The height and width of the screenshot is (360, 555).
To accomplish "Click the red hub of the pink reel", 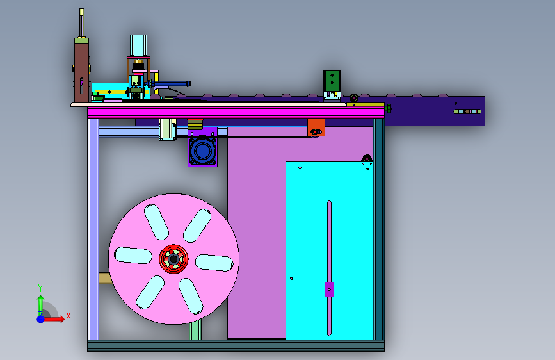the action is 173,259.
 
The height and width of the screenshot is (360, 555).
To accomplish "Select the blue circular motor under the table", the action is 202,151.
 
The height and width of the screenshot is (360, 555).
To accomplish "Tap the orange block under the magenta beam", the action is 316,127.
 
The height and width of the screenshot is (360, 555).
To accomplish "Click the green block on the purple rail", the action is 332,81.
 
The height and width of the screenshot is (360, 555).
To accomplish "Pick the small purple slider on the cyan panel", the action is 329,290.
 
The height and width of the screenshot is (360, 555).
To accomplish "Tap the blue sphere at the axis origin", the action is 41,319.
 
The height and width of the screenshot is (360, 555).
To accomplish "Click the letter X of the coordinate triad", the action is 68,316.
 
